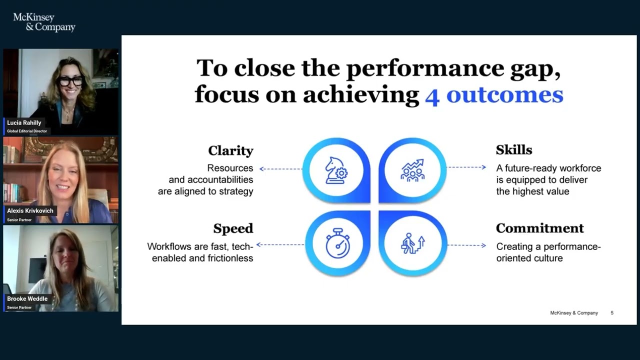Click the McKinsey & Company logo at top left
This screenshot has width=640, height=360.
click(44, 22)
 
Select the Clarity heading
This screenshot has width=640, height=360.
click(230, 150)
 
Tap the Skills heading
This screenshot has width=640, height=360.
click(513, 150)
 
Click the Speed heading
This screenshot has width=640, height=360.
click(233, 228)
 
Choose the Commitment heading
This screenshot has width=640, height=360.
click(539, 228)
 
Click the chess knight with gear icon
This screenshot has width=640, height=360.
click(336, 170)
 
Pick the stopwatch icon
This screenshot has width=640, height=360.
click(337, 243)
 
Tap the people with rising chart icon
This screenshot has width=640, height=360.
click(412, 170)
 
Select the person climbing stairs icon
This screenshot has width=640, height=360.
click(412, 243)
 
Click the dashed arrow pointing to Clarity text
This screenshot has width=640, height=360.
click(280, 169)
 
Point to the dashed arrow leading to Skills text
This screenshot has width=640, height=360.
click(466, 167)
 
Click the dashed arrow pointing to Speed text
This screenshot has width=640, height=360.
click(280, 244)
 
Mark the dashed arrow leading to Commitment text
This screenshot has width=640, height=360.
click(466, 245)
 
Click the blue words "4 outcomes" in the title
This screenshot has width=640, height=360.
click(493, 94)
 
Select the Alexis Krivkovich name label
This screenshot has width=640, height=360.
click(30, 211)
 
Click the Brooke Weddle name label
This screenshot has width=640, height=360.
click(27, 299)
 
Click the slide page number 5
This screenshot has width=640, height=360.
click(612, 313)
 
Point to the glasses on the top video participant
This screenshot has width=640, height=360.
click(70, 80)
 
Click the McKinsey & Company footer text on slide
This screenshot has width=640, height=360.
click(573, 313)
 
